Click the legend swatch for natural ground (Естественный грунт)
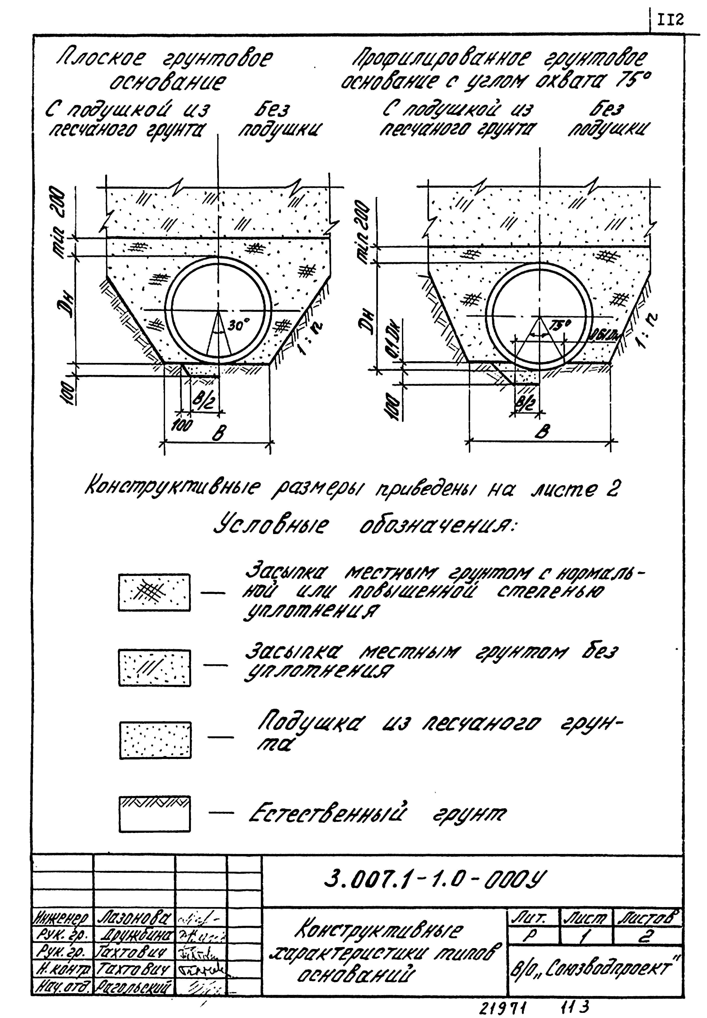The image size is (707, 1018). tap(155, 813)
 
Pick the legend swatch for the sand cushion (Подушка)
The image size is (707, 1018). tap(155, 740)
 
